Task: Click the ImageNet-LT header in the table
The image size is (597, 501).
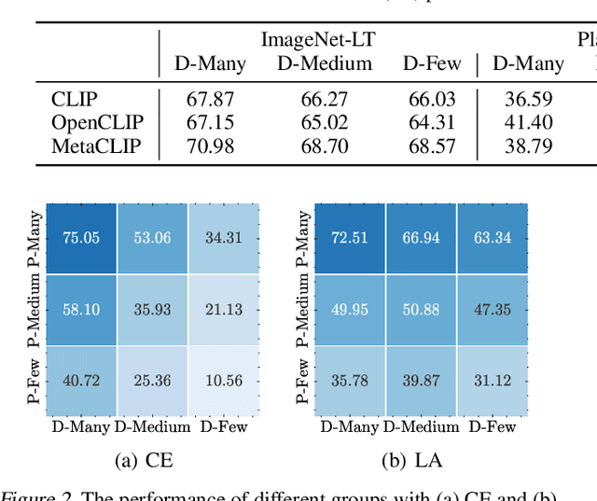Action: click(x=319, y=39)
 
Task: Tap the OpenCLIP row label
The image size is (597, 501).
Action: click(x=93, y=122)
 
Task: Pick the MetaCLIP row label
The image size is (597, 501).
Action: click(x=92, y=146)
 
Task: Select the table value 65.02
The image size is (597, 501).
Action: click(x=324, y=122)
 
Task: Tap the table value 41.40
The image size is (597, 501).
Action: click(x=528, y=122)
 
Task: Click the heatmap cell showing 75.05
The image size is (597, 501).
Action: click(x=81, y=238)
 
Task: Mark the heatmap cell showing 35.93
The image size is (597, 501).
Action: click(x=152, y=309)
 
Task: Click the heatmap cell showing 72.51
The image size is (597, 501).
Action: click(x=349, y=238)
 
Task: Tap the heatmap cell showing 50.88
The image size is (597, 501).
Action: click(x=420, y=309)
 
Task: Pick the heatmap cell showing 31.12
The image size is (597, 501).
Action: click(x=492, y=380)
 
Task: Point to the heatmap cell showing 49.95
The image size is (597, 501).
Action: click(x=349, y=309)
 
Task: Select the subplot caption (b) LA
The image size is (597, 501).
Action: click(x=411, y=460)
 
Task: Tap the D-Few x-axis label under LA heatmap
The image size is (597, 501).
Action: click(x=492, y=426)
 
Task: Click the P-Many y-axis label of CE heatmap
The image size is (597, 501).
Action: click(x=34, y=238)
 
